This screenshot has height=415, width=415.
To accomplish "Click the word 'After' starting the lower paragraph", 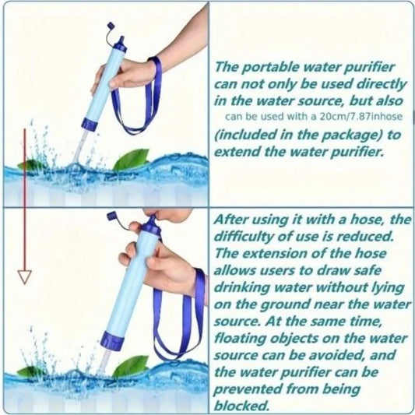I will (x=234, y=219).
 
